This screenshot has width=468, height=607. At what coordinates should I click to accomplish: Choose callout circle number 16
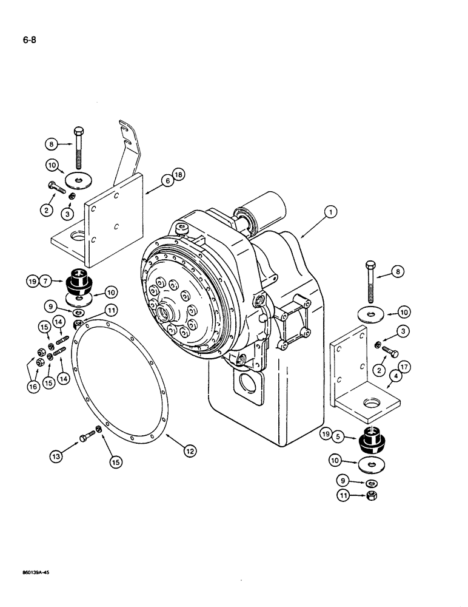(x=33, y=385)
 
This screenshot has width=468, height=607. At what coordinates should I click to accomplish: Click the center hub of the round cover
(x=163, y=315)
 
